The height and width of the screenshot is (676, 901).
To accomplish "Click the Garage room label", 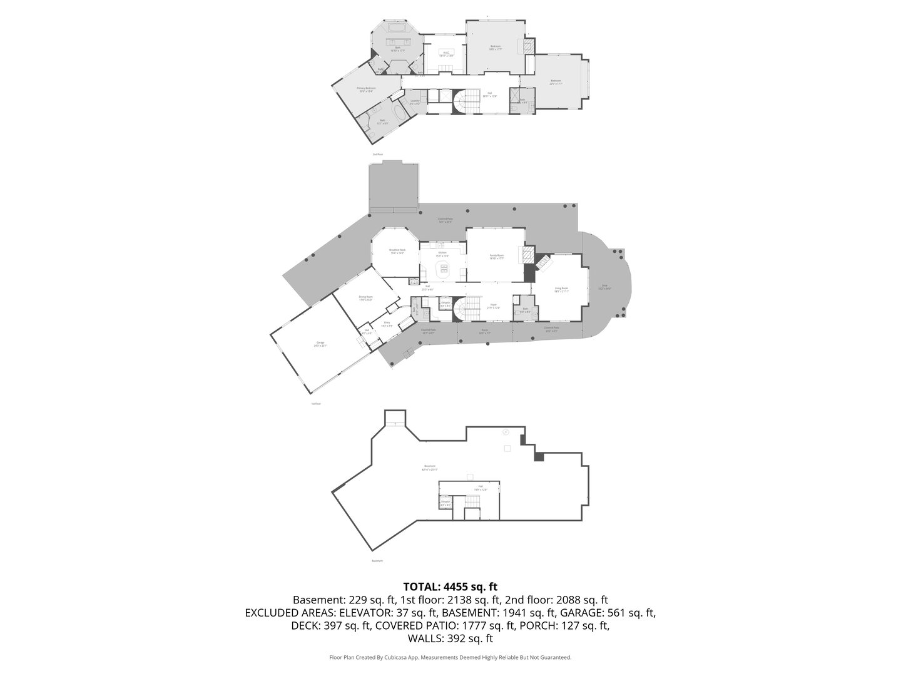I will [320, 344].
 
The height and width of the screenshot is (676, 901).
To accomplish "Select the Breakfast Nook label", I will [397, 252].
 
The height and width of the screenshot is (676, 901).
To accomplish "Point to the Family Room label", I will [496, 257].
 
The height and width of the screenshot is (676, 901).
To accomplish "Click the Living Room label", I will [561, 290].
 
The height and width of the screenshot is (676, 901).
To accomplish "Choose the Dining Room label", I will [365, 298].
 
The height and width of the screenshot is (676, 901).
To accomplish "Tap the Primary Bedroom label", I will [366, 90].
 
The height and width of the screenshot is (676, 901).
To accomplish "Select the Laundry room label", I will [415, 101].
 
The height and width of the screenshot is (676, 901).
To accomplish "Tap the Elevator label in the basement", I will [445, 503].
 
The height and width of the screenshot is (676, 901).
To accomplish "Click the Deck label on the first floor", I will [604, 288].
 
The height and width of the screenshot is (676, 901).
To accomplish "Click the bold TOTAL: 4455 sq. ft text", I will [450, 586].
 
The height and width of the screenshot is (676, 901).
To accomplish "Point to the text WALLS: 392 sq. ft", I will [450, 638].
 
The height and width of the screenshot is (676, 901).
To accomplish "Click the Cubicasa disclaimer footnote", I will [450, 657].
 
